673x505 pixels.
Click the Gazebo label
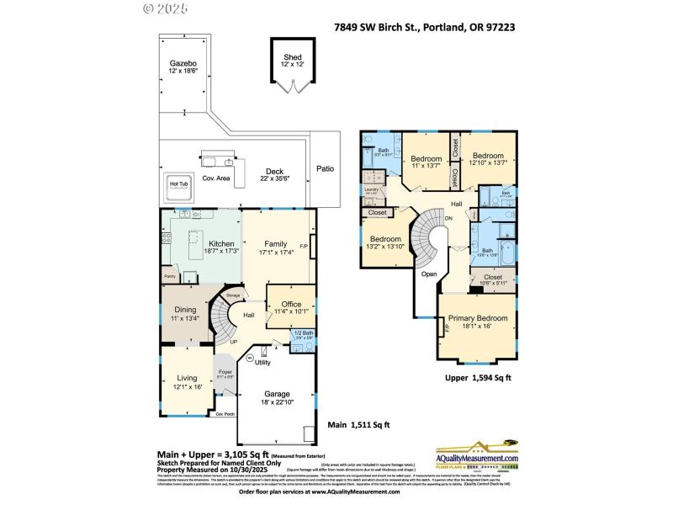point(183,63)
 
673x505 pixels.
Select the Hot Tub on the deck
point(179,184)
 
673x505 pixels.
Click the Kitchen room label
point(198,243)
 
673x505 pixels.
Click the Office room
point(290,306)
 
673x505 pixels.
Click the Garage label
point(278,394)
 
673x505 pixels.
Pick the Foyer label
point(225,372)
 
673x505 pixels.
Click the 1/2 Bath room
point(304,334)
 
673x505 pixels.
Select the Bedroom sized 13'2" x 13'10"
point(384,239)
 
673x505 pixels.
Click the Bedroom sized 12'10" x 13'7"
point(487,156)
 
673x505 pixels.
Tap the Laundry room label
point(371,190)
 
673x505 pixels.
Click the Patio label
point(325,168)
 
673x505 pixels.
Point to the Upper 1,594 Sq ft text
point(478,379)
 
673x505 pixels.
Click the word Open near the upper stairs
point(429,274)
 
